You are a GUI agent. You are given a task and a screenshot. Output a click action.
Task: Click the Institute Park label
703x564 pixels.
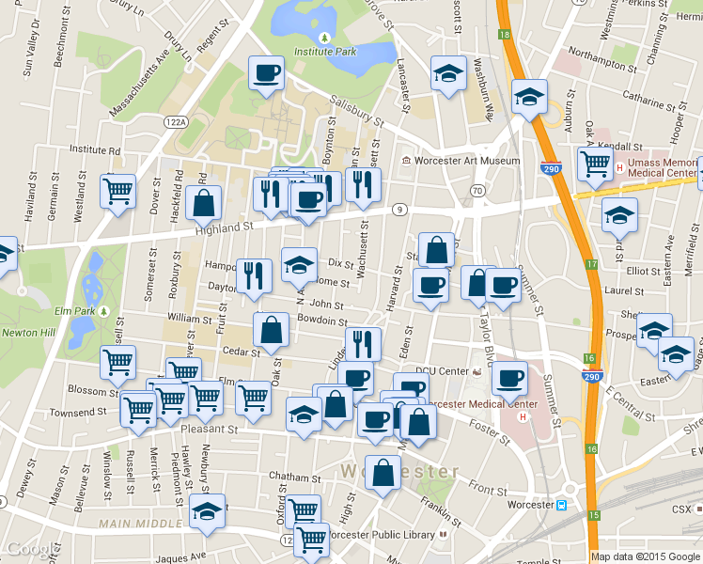coord(324,52)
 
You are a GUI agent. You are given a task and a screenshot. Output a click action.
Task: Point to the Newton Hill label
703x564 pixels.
coord(27,332)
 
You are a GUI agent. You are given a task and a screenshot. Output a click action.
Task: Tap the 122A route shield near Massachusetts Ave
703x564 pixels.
coord(175,122)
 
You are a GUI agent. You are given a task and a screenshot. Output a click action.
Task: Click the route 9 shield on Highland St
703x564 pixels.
coord(399,208)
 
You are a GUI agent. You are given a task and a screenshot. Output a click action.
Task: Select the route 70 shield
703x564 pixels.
coord(477,191)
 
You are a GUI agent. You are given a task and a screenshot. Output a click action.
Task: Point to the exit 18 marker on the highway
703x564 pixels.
coord(505,35)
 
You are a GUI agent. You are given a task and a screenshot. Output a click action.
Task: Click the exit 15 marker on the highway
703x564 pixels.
coord(594,516)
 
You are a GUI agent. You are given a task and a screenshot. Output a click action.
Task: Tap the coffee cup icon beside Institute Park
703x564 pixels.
coord(267,72)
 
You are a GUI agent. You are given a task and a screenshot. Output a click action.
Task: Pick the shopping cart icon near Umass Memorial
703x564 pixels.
coord(596,164)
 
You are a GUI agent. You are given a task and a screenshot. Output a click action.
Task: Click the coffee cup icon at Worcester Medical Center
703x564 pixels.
coord(509,377)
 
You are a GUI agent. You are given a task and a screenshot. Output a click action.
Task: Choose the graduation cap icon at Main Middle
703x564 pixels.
coord(208,511)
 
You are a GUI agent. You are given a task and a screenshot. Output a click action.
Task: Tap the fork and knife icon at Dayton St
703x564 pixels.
coord(254,274)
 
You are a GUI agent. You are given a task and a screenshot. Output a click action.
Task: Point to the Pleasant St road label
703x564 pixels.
coord(217,430)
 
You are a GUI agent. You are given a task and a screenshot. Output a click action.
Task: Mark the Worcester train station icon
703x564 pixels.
coord(561,505)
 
